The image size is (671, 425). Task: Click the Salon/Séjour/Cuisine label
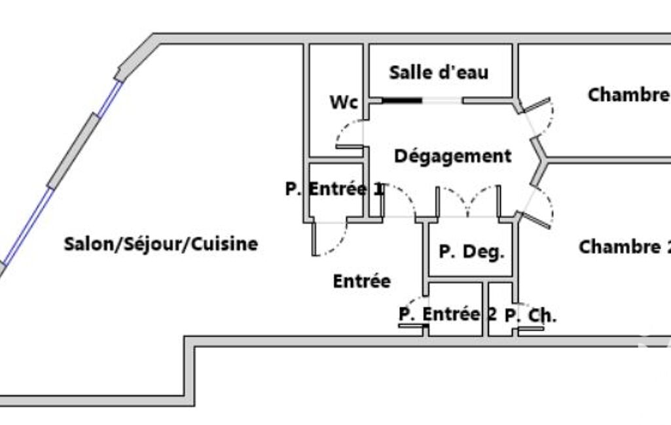161,244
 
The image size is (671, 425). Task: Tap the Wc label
344,102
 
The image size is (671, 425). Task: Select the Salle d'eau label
439,73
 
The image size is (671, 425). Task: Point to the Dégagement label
453,156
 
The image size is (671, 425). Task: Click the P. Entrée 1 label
335,188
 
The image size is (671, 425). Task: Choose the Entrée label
361,281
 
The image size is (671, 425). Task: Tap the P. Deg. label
471,252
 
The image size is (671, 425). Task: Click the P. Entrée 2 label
448,314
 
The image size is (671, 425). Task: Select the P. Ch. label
531,316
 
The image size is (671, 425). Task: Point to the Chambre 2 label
625,247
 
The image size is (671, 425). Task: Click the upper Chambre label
629,95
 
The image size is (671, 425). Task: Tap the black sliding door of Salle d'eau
402,101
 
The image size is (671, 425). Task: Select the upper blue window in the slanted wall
110,99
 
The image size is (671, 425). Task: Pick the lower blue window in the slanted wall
29,226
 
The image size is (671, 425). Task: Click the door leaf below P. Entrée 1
314,238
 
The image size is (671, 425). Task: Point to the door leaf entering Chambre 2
535,220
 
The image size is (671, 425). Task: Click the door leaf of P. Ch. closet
531,329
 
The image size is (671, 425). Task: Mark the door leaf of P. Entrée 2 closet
412,327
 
